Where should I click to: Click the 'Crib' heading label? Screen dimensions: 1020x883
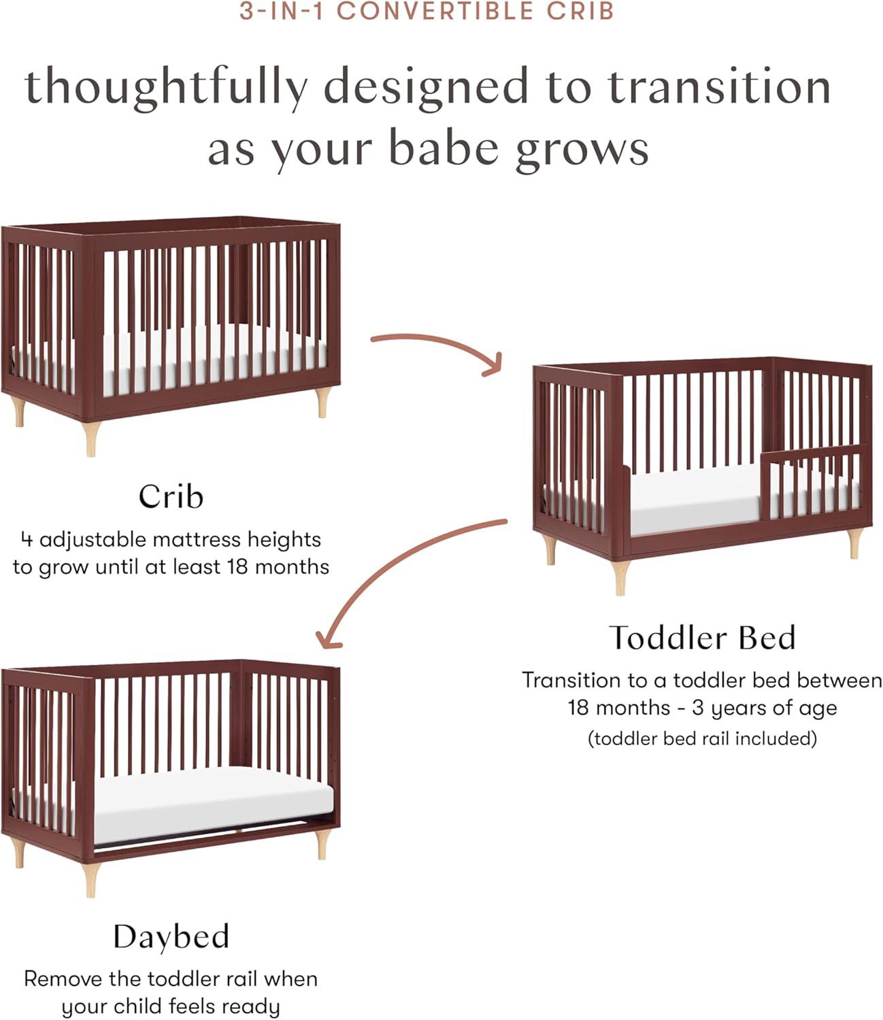coord(171,496)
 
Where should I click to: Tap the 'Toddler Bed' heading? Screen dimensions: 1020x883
coord(702,638)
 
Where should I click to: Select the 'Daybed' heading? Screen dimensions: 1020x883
coord(171,937)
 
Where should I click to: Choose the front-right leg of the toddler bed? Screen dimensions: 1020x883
coord(853,543)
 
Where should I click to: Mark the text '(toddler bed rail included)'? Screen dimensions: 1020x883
coord(702,738)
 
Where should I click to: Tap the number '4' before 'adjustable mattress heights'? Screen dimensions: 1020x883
coord(27,540)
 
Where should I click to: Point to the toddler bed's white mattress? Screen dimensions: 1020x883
coord(694,500)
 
